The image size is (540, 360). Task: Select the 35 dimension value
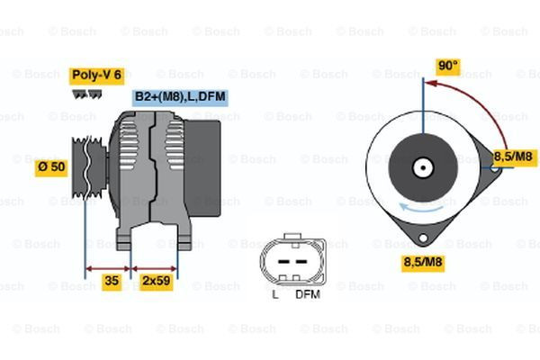pyautogui.click(x=111, y=281)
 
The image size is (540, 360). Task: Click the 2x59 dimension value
pyautogui.click(x=157, y=281)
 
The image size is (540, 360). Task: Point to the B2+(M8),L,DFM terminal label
pyautogui.click(x=180, y=96)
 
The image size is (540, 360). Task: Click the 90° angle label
pyautogui.click(x=447, y=66)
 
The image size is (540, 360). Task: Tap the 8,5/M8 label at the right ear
pyautogui.click(x=517, y=156)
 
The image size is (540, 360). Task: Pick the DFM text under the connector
pyautogui.click(x=308, y=294)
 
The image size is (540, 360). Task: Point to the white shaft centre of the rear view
pyautogui.click(x=421, y=167)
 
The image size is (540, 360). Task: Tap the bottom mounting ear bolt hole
pyautogui.click(x=418, y=240)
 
